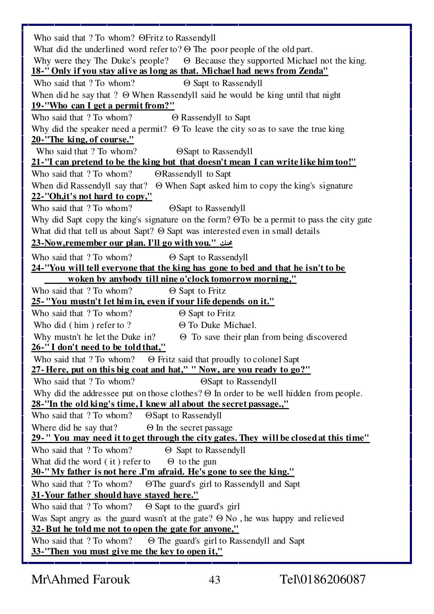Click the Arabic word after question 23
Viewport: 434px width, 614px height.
[x=224, y=243]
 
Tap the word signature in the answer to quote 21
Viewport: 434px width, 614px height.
[x=336, y=186]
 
